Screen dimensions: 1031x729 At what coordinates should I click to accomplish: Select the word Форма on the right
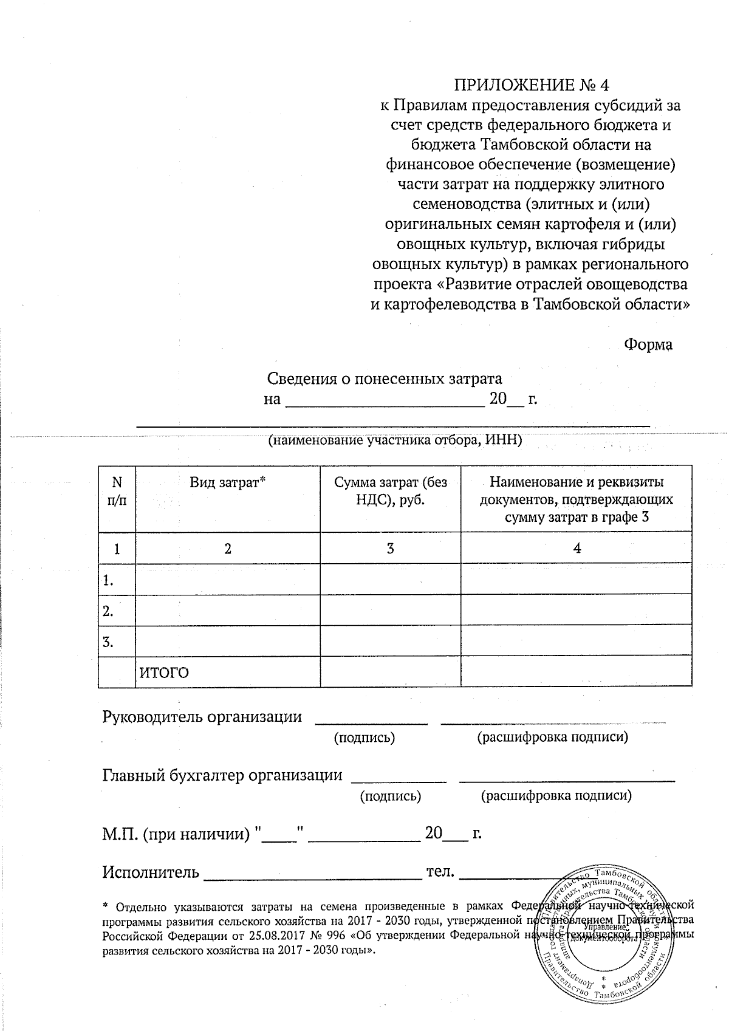tap(648, 344)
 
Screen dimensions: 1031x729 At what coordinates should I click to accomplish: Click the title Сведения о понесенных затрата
tap(385, 379)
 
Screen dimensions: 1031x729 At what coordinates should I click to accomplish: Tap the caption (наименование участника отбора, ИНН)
tap(395, 441)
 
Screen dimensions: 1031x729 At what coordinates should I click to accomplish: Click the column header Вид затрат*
tap(228, 483)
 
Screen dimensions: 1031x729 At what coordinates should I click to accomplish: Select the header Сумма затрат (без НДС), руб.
tap(390, 491)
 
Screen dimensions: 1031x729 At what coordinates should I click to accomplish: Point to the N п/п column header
tap(117, 491)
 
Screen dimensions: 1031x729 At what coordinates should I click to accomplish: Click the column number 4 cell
tap(577, 548)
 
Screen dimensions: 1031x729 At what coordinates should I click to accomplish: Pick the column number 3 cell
tap(390, 548)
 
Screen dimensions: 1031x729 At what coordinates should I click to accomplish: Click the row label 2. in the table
tap(109, 611)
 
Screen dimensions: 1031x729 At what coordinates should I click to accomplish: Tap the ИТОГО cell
tap(165, 673)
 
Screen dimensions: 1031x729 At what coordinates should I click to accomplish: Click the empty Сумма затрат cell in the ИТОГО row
tap(390, 672)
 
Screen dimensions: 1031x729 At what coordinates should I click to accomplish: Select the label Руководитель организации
tap(202, 717)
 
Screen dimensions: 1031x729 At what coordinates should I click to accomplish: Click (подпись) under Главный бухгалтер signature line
tap(391, 796)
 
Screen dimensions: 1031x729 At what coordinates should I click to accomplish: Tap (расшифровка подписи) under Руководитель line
tap(552, 738)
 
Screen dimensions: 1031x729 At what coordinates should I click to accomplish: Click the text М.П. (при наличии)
tap(176, 834)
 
